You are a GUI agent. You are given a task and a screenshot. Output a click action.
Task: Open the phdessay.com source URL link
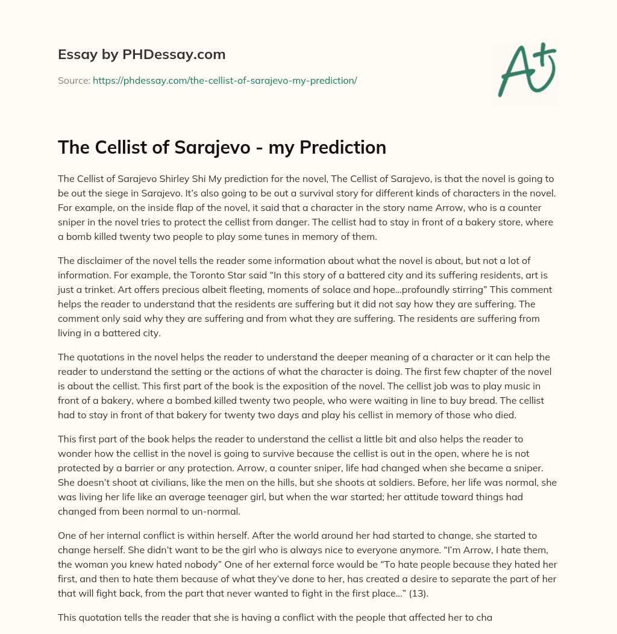click(x=225, y=80)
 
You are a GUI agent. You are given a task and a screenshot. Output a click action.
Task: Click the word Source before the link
click(x=74, y=80)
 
